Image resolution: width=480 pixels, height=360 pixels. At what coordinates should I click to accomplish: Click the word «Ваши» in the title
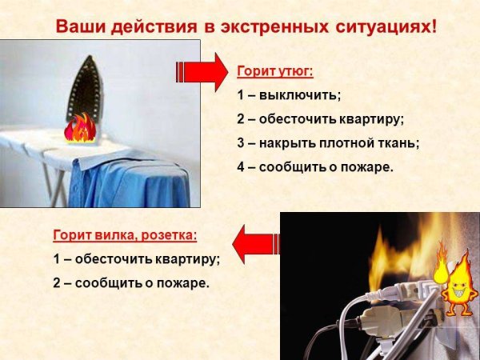tap(78, 26)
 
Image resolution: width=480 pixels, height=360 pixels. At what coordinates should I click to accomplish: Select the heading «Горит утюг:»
tap(268, 73)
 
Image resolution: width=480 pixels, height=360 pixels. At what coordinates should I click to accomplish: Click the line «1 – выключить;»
tap(289, 96)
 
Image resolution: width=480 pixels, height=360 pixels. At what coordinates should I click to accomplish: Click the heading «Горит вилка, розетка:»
tap(125, 236)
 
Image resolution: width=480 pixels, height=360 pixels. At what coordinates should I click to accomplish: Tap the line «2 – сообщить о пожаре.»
tap(130, 282)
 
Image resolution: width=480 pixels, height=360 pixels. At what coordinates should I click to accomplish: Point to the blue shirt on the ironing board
tap(128, 180)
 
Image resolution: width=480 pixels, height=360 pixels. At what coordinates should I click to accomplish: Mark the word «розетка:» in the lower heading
tap(170, 236)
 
